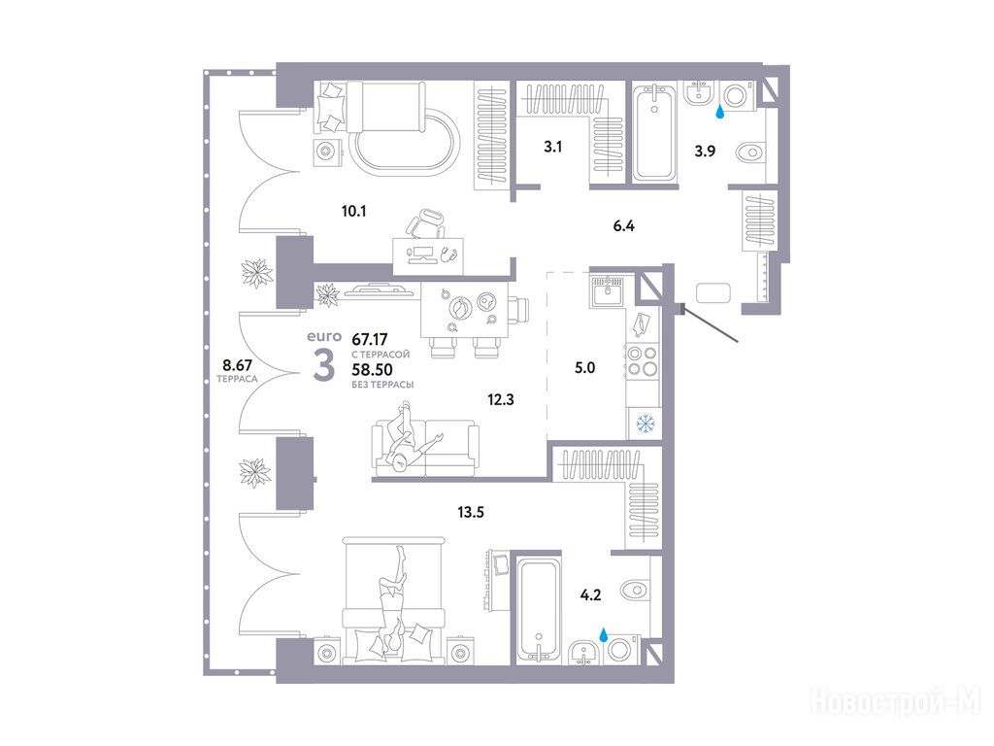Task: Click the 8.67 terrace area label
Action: [237, 365]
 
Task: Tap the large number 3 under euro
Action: [324, 367]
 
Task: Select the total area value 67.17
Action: [370, 339]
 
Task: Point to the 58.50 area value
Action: [372, 370]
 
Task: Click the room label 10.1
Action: [353, 211]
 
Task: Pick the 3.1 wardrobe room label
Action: [552, 148]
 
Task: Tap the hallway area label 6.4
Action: [624, 225]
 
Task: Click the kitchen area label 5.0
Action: [584, 367]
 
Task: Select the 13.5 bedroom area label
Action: [471, 512]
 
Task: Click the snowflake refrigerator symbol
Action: [646, 424]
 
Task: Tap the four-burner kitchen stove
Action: [643, 361]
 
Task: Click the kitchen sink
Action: [608, 291]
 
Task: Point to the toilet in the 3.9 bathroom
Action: [752, 153]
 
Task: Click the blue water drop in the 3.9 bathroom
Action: [719, 113]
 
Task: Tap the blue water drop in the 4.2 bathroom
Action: [604, 633]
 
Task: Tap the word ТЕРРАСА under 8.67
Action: [237, 379]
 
